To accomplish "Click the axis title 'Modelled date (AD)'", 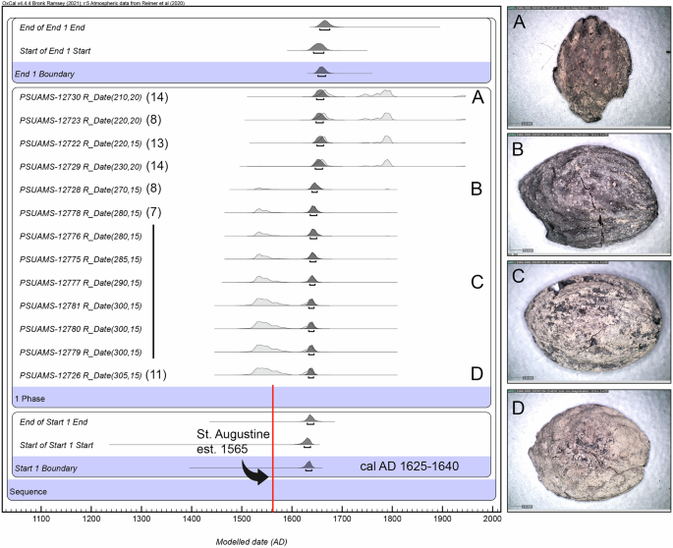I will tap(251, 540).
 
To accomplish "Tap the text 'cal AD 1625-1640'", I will tap(414, 466).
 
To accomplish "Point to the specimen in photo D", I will tap(588, 453).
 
